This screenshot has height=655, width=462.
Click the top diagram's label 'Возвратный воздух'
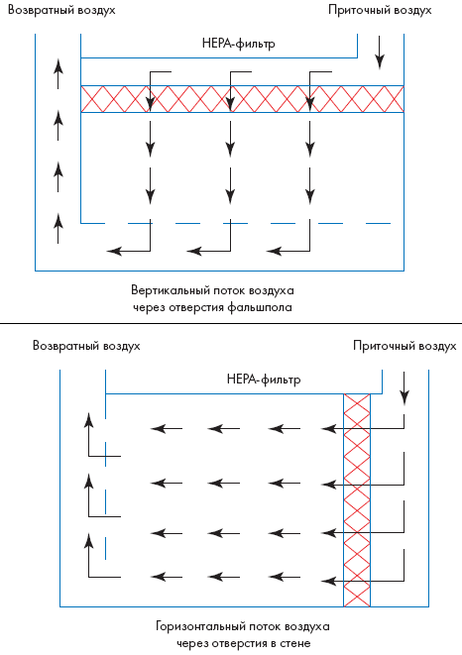[61, 11]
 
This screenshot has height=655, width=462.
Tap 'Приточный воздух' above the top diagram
[380, 11]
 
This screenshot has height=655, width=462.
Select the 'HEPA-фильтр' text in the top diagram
[239, 44]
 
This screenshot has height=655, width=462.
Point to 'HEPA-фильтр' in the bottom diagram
[264, 380]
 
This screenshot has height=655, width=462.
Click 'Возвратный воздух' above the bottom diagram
[86, 346]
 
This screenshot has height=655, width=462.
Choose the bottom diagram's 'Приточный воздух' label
[404, 346]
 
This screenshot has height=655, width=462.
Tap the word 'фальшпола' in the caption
[260, 308]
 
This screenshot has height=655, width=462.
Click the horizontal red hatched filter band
[243, 99]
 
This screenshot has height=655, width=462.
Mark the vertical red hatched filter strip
[357, 500]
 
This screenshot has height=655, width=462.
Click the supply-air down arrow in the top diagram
[379, 53]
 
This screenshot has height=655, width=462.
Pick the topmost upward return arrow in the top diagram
[58, 74]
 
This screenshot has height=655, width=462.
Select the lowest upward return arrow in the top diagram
[58, 228]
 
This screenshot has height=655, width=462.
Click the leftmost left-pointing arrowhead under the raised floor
[114, 251]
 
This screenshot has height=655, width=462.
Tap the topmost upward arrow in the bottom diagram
[88, 434]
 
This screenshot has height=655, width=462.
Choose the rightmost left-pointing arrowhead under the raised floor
[274, 251]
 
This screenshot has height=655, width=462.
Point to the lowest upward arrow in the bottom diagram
[88, 556]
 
